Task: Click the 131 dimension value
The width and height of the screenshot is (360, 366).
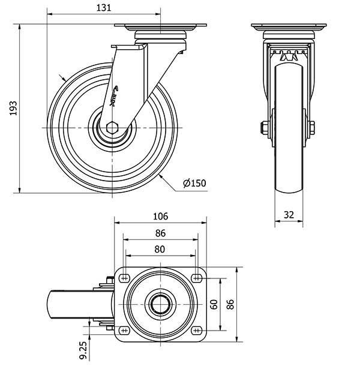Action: [x=104, y=8]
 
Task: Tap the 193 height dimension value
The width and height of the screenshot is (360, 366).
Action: [x=13, y=108]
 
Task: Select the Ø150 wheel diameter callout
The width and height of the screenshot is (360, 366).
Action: [x=194, y=183]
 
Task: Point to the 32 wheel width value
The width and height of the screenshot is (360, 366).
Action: [x=289, y=215]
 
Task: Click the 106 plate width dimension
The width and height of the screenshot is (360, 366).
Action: [x=160, y=217]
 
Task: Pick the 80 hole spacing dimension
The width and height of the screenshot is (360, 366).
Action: [x=160, y=249]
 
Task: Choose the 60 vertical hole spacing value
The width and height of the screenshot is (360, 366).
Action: [x=214, y=304]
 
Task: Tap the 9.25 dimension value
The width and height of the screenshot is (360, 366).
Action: [x=83, y=350]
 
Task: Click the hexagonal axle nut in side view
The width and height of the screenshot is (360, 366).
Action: [x=112, y=127]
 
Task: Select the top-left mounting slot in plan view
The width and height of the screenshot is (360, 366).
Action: [x=124, y=278]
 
